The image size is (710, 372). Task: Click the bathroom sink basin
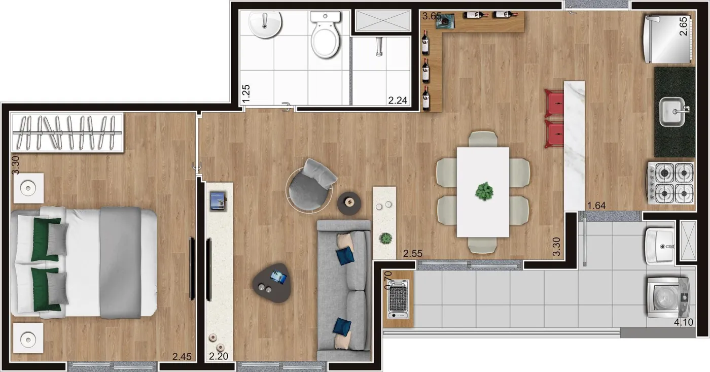pos(265,25)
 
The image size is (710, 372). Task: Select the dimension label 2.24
pos(398,100)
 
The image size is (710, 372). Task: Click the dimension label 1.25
pos(246,93)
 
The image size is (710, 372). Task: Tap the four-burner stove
pos(670,183)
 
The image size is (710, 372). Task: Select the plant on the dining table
pos(484,191)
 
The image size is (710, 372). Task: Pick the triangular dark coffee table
pos(272,282)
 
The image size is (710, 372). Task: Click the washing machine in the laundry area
pos(668,297)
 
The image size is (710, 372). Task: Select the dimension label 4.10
pos(684,322)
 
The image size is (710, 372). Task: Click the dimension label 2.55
pos(413,254)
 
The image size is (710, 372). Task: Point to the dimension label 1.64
pos(596,206)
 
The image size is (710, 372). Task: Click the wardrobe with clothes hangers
pos(67,132)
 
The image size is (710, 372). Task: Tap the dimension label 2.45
pos(182,357)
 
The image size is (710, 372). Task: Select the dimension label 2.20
pos(219,356)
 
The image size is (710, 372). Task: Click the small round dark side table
pos(349,203)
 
